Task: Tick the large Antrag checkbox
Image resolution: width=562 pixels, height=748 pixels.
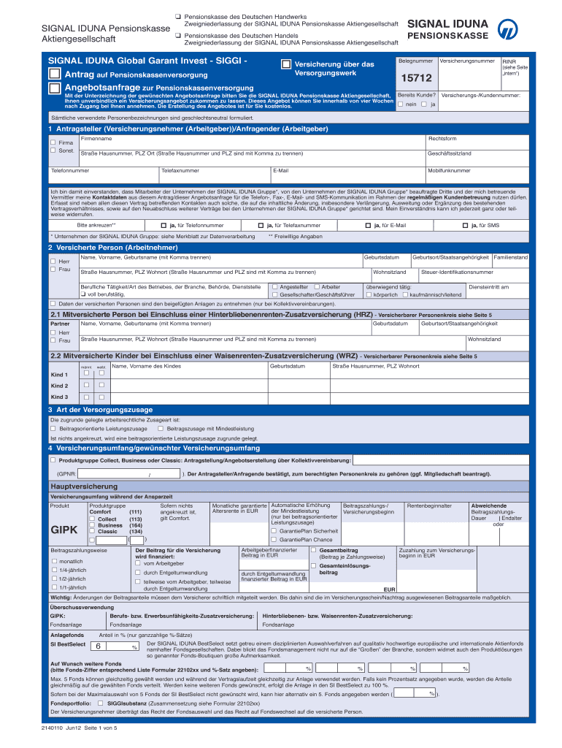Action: (x=55, y=75)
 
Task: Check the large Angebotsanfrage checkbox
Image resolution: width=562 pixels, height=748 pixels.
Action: (x=55, y=88)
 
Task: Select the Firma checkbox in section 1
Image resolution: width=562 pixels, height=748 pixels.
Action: (x=53, y=142)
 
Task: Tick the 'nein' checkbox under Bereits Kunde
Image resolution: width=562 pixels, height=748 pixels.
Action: (x=400, y=104)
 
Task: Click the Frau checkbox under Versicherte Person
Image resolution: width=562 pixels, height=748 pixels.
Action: (x=53, y=270)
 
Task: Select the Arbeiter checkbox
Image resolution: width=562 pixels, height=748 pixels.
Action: (x=316, y=287)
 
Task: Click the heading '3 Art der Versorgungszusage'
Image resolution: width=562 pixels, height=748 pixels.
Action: (x=100, y=409)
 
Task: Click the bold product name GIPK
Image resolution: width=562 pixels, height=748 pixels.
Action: (x=63, y=529)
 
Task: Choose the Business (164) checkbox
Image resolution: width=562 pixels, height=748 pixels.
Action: (x=92, y=525)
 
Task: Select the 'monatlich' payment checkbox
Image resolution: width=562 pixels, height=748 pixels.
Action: (x=53, y=561)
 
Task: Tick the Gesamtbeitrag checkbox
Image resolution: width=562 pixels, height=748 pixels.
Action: (x=314, y=549)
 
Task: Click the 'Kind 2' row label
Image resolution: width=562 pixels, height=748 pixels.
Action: (x=59, y=386)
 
